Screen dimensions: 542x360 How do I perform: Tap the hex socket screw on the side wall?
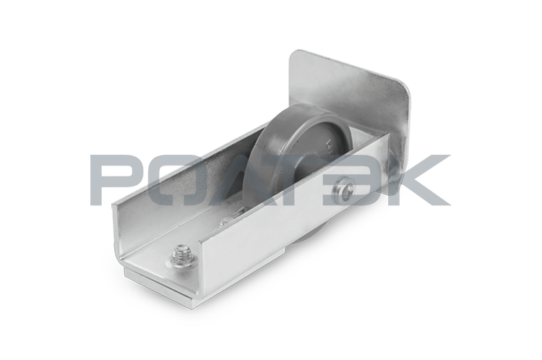(345, 189)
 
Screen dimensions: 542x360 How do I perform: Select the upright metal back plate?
(349, 100)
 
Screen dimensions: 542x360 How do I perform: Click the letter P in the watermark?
(115, 179)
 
